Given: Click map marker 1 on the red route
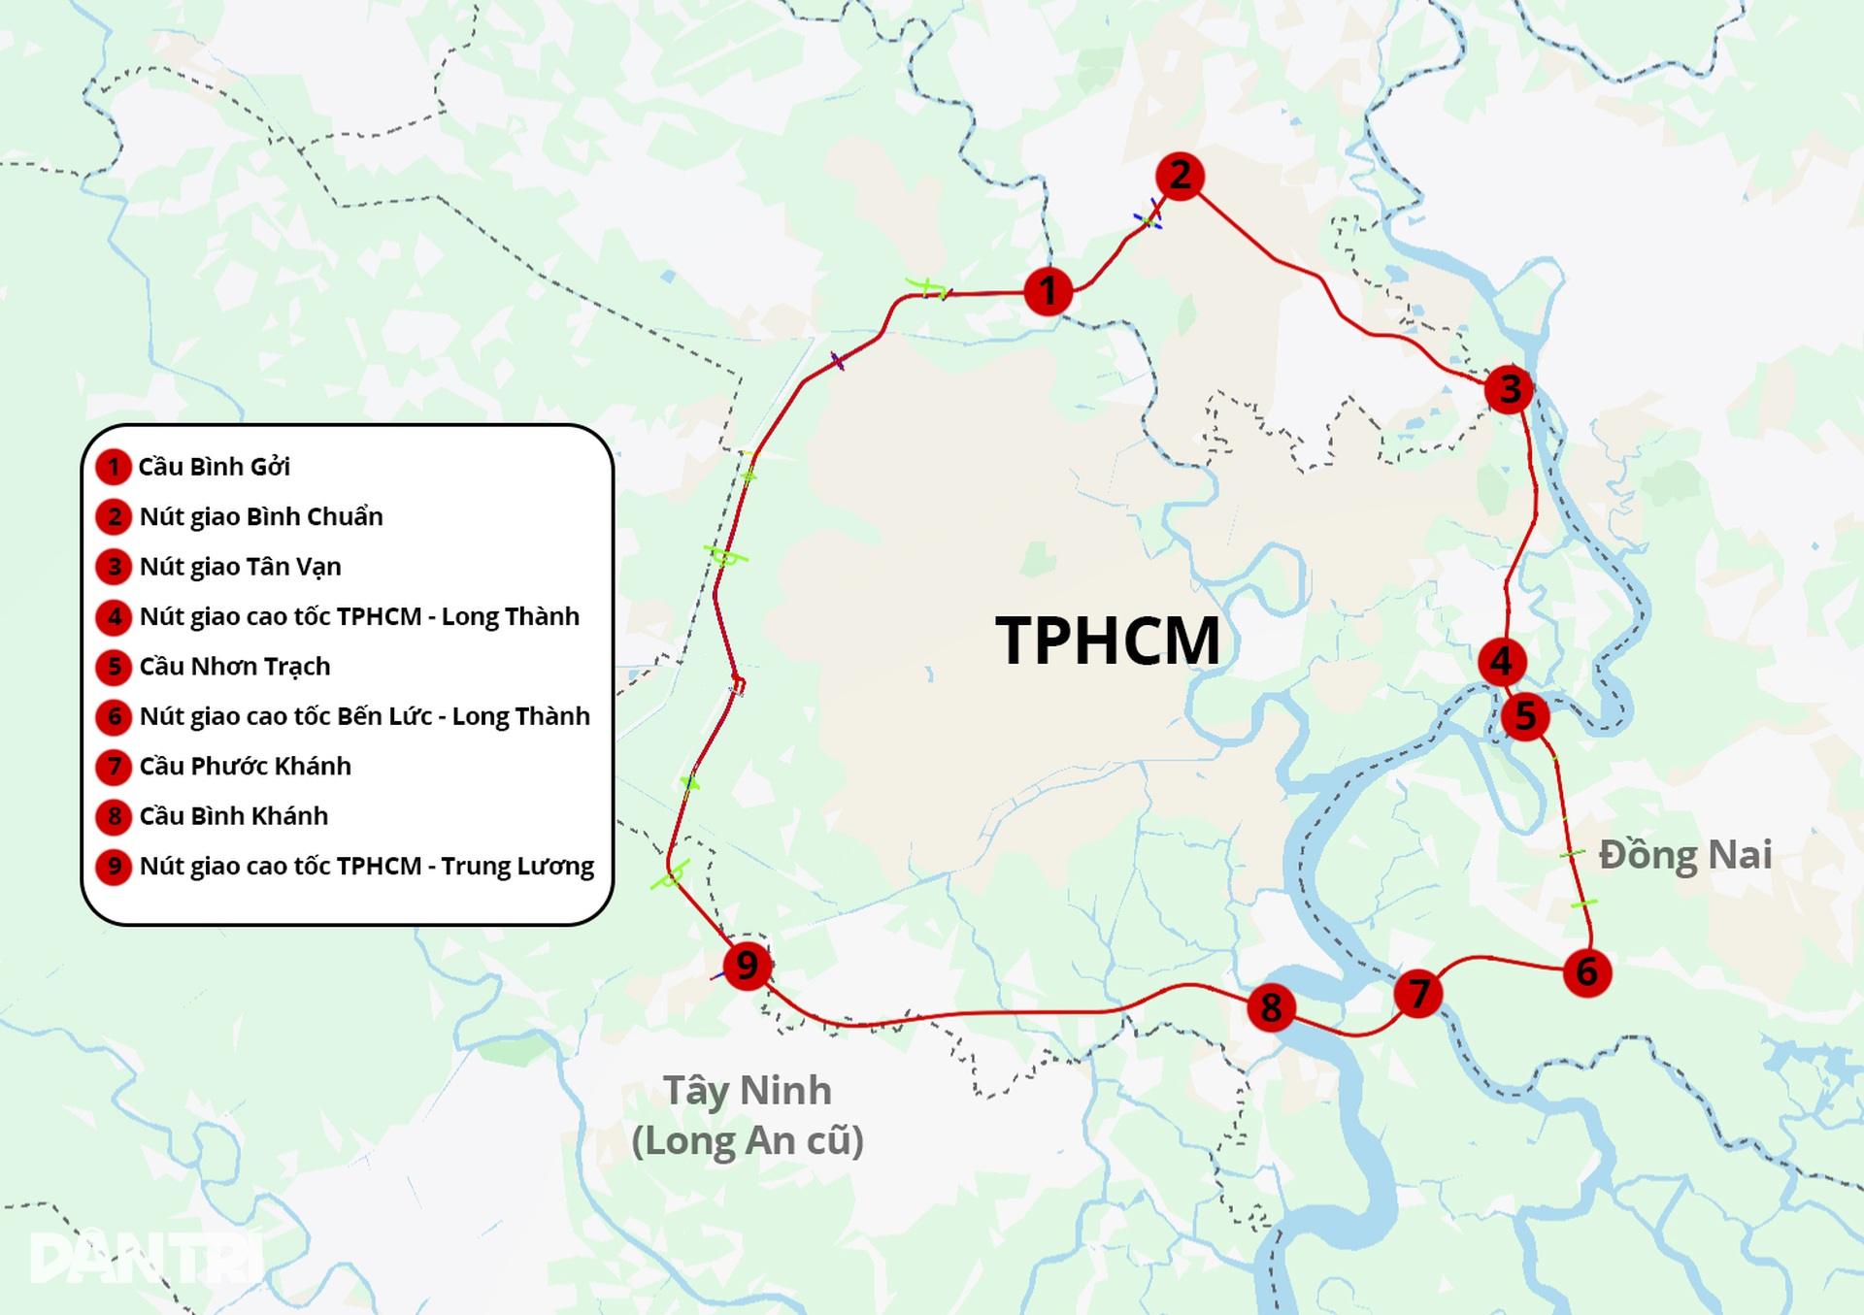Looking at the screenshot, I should point(1048,290).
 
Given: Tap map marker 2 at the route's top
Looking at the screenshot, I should point(1180,177).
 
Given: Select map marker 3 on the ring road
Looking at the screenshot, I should point(1509,389).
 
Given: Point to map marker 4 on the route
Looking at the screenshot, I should point(1502,662).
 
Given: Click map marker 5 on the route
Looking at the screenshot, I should point(1525,716).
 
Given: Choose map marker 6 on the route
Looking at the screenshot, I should point(1587,971).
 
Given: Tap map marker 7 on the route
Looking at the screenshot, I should point(1418,994).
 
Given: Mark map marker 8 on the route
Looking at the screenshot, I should point(1271,1008).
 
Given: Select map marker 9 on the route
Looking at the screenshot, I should point(748,966).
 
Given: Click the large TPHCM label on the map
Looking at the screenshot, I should point(1108,641).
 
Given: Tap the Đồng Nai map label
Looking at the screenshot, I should point(1685,855).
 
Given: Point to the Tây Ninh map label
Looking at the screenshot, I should point(748,1091).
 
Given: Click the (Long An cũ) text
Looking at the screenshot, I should point(748,1140).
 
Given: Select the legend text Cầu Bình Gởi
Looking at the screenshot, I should point(215,467).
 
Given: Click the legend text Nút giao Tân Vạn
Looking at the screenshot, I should point(240,567).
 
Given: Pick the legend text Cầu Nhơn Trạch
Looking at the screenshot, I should point(235,667).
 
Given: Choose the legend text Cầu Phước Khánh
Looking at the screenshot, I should point(245,767).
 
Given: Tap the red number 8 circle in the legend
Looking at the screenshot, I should point(115,816).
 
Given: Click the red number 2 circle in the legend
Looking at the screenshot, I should point(115,516).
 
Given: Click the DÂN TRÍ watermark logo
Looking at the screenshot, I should point(146,1258).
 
